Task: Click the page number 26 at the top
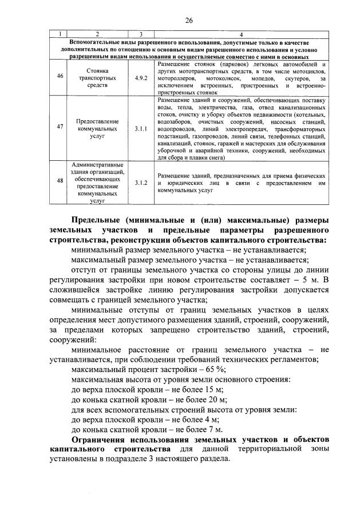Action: point(188,21)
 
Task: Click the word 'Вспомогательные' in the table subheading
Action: point(96,43)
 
